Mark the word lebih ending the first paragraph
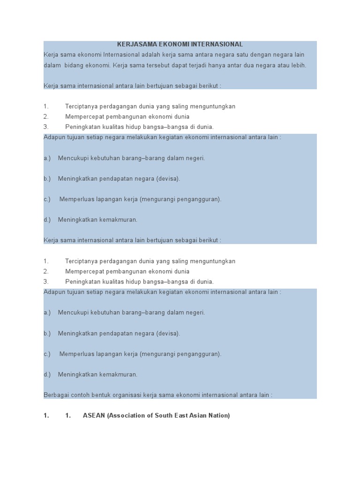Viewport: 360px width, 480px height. [298, 65]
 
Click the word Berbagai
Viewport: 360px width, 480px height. [57, 395]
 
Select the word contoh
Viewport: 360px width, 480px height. [83, 395]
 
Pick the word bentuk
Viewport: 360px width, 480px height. [104, 395]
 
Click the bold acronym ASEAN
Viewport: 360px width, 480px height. [94, 416]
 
